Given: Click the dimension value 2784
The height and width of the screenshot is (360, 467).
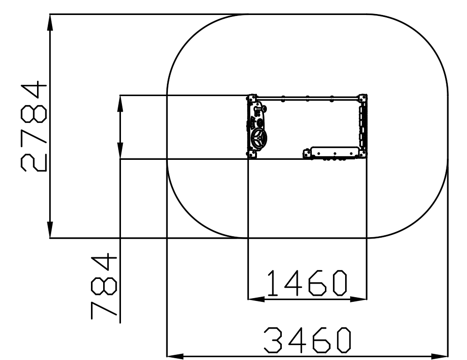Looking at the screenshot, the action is click(34, 126).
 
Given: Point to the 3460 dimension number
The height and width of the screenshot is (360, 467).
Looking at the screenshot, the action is click(308, 340).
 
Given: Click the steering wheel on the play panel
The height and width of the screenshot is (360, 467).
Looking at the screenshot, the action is click(258, 138).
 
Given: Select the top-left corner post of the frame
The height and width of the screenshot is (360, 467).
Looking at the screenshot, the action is click(252, 98).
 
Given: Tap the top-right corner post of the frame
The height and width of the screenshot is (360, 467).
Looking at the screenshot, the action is click(363, 98).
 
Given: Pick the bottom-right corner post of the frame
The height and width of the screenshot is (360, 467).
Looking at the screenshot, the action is click(363, 154).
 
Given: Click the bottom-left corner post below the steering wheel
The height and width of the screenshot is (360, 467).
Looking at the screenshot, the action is click(252, 154).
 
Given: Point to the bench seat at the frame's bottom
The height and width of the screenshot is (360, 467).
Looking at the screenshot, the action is click(334, 152).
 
